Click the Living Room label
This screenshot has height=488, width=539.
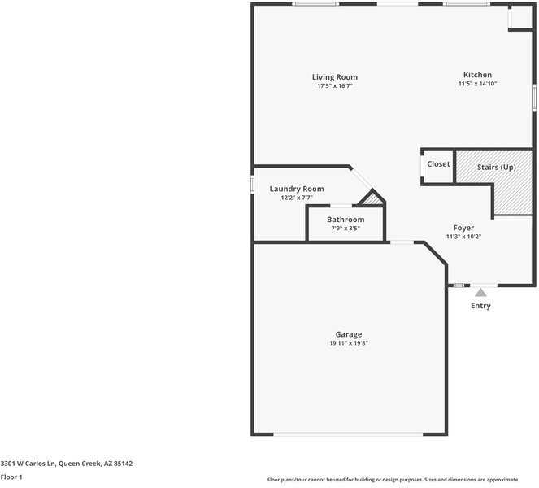[334, 77]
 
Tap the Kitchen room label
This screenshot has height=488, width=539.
[477, 75]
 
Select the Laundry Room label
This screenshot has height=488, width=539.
[297, 189]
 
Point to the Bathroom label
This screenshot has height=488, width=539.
[346, 220]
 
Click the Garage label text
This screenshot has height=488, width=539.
[349, 334]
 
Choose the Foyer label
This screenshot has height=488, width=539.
[463, 228]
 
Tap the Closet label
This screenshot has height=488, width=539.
[438, 164]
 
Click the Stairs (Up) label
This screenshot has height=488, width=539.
[496, 168]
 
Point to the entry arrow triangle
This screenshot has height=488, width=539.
[481, 293]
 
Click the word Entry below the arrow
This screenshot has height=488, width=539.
[480, 306]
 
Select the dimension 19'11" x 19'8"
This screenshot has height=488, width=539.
[349, 343]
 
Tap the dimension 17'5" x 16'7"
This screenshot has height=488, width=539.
[334, 85]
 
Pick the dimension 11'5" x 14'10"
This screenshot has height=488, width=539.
[477, 83]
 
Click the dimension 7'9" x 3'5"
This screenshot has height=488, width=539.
[346, 229]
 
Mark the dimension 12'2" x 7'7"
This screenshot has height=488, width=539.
[297, 197]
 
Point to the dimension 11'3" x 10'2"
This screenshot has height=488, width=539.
[463, 237]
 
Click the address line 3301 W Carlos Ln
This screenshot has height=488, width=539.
[67, 464]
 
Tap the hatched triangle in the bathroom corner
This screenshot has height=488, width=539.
[373, 198]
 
